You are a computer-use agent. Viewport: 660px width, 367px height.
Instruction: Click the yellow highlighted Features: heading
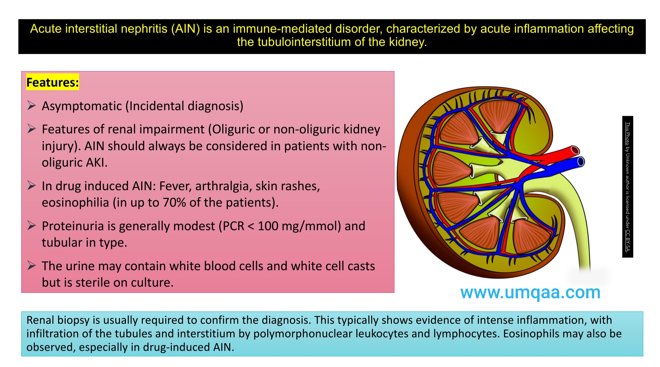click(53, 82)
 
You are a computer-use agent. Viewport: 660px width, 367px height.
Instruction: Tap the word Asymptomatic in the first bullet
click(82, 106)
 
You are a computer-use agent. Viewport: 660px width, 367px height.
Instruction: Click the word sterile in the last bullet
click(93, 282)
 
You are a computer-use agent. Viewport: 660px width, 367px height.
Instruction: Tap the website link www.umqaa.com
click(530, 292)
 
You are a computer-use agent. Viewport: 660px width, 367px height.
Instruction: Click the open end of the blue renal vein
click(580, 161)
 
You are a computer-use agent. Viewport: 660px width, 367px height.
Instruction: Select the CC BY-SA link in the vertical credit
click(627, 240)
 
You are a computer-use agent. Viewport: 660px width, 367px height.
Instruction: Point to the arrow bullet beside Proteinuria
click(32, 225)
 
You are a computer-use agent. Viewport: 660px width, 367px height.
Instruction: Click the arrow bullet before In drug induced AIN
click(32, 185)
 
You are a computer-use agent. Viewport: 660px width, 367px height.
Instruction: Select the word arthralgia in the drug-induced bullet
click(223, 186)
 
